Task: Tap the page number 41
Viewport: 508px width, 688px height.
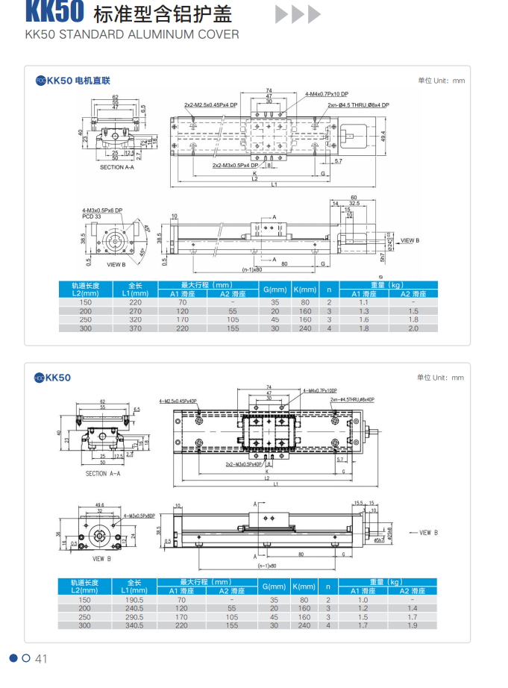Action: tap(41, 658)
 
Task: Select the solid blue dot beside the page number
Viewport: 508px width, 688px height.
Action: tap(13, 657)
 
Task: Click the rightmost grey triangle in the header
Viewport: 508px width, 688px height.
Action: tap(315, 14)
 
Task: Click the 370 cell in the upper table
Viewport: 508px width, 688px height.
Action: tap(135, 328)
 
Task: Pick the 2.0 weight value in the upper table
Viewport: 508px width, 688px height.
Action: tap(413, 328)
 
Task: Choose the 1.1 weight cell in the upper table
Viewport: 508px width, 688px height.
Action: tap(364, 302)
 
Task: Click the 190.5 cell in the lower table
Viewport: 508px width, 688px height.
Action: tap(135, 599)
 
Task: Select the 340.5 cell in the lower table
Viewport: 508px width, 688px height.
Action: tap(135, 626)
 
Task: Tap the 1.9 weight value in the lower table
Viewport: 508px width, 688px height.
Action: tap(413, 626)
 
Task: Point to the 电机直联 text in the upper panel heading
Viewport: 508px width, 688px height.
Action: tap(92, 81)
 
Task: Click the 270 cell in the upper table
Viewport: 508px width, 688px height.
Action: tap(135, 311)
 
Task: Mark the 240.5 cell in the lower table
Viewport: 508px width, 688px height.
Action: tap(135, 608)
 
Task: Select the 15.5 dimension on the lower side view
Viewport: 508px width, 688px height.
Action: tap(358, 502)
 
